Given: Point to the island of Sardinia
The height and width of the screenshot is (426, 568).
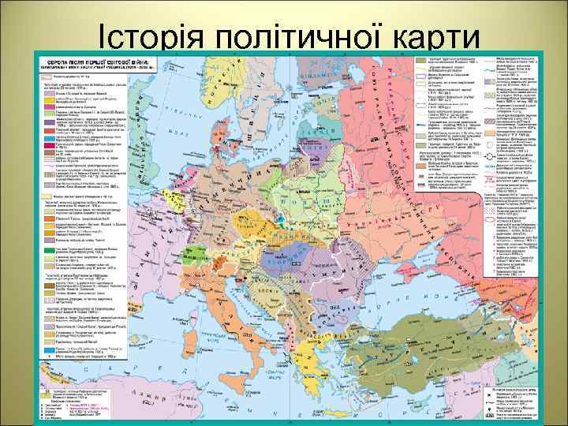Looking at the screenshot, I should tap(196, 313).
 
